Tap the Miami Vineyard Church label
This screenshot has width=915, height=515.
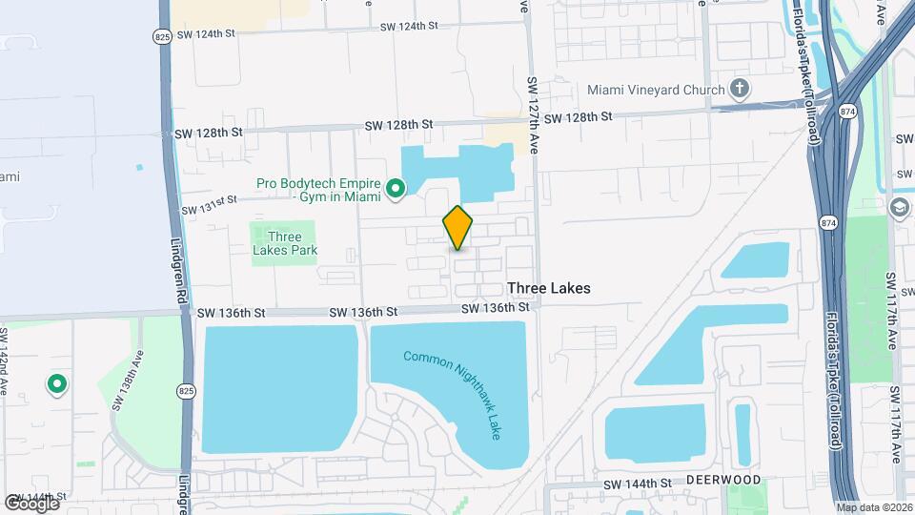coord(656,91)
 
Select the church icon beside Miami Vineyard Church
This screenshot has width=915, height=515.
coord(740,91)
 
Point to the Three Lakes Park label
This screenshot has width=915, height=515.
coord(285,244)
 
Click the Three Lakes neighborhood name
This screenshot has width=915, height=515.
coord(548,288)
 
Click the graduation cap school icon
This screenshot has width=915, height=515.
coord(899,208)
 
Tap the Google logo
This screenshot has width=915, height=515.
coord(31,503)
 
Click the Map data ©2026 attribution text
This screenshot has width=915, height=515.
coord(874,507)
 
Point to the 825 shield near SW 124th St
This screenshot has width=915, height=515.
coord(161,35)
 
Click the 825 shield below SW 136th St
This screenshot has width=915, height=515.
coord(187,391)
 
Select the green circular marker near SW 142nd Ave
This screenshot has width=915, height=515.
coord(56,384)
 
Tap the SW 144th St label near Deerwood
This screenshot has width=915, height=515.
coord(643,484)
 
